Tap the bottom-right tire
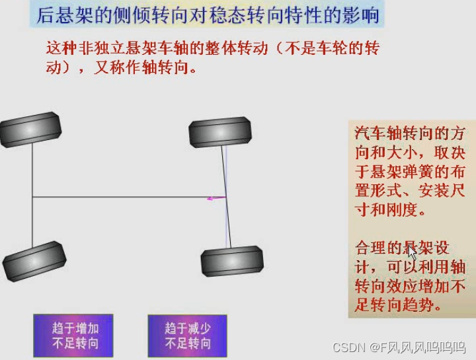pos(232,261)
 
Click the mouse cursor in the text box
pos(412,253)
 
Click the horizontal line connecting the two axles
pos(126,197)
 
